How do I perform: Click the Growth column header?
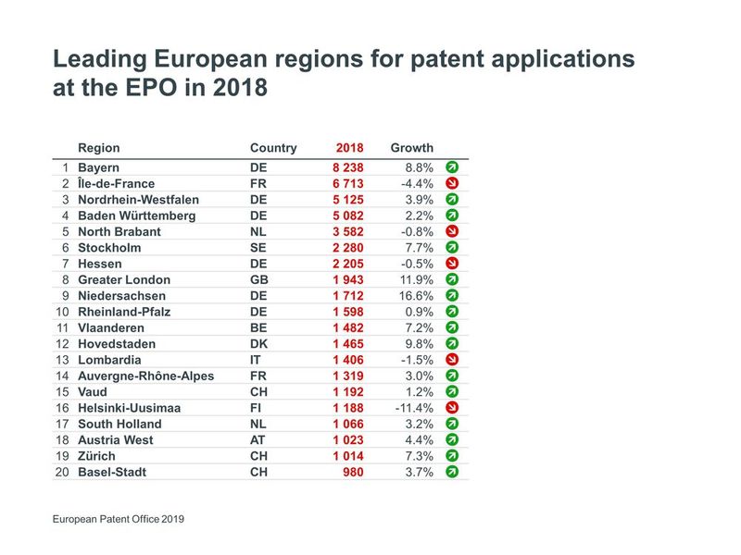(411, 148)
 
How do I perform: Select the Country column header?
(273, 148)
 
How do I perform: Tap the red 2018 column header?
(349, 148)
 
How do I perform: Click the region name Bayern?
(99, 168)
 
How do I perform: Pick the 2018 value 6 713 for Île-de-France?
(348, 184)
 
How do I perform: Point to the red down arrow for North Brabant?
(452, 231)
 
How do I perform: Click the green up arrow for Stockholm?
(452, 248)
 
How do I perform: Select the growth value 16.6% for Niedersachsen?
(414, 296)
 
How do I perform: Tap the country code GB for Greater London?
(258, 280)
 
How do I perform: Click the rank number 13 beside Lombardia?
(62, 360)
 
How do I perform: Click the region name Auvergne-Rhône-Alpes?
(145, 376)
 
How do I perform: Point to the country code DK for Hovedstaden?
(258, 344)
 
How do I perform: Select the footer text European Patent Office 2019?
(119, 520)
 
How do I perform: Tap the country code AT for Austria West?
(258, 440)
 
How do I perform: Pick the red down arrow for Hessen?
(452, 264)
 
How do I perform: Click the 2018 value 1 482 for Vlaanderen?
(348, 328)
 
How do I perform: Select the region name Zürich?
(96, 456)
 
